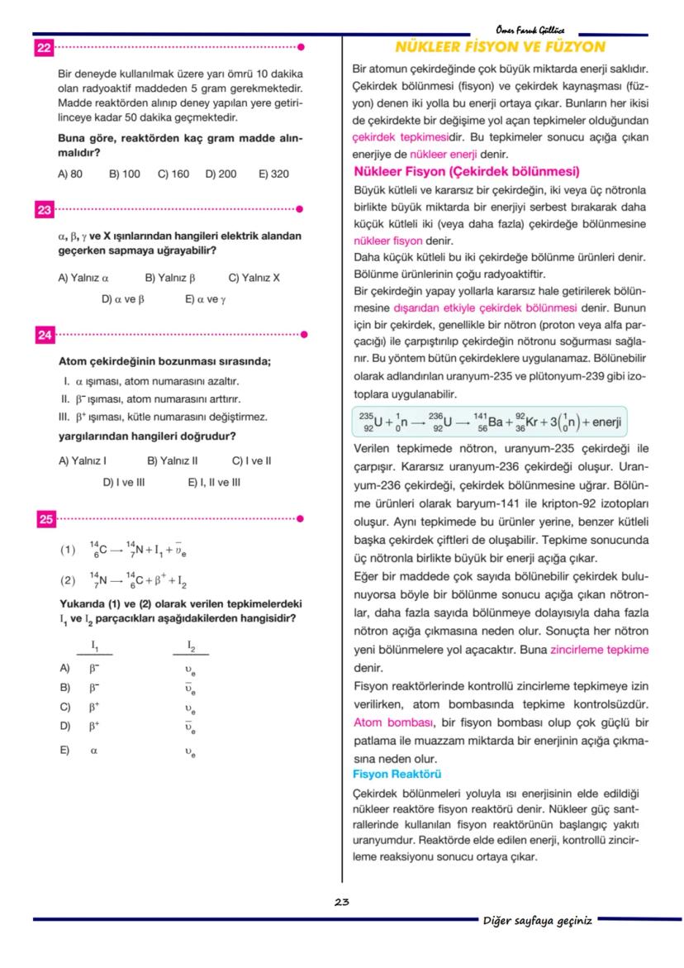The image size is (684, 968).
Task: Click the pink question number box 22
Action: [x=44, y=48]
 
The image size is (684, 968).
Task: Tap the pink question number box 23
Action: [x=44, y=210]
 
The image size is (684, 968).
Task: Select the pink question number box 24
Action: [x=44, y=335]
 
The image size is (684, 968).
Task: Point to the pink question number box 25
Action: [x=44, y=519]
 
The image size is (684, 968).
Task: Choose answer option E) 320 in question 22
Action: [x=273, y=174]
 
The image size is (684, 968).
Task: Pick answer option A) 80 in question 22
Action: [x=70, y=174]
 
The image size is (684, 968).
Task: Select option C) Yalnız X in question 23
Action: [x=254, y=278]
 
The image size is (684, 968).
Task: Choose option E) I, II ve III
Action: [x=214, y=482]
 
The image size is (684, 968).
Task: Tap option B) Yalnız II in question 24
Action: [x=173, y=460]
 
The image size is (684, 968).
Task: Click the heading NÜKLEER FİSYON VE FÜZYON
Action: [x=501, y=47]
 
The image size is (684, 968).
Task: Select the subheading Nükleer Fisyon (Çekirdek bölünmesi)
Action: [x=466, y=172]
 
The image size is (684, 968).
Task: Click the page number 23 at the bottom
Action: [x=342, y=902]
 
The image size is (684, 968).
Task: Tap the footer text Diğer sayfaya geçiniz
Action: [x=538, y=921]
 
